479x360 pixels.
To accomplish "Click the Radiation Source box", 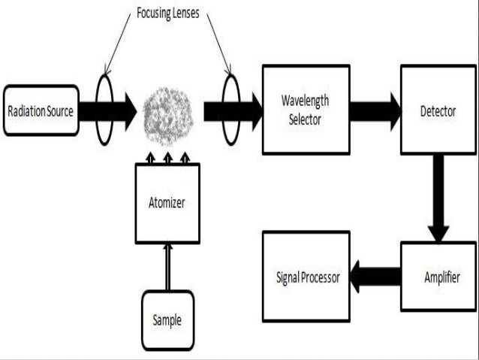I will [x=41, y=110].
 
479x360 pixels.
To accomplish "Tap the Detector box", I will [x=437, y=110].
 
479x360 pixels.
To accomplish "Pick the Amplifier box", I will [x=438, y=276].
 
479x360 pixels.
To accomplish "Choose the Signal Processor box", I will [x=305, y=277].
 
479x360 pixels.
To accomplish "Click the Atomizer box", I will [x=167, y=203].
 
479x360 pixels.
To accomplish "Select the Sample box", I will [x=167, y=319].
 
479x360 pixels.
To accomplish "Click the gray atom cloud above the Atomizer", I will [x=167, y=111].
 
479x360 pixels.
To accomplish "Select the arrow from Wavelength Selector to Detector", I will [x=374, y=110].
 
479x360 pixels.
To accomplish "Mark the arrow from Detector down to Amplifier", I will [x=438, y=197].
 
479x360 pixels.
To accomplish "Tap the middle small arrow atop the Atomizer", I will [x=167, y=158].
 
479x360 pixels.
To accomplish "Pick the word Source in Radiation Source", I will [x=59, y=111].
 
